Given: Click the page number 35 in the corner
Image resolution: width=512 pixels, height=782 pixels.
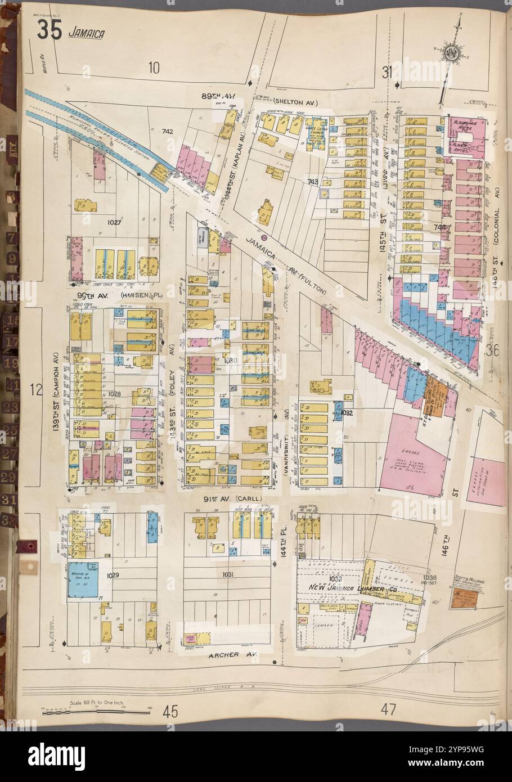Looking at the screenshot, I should pos(49,30).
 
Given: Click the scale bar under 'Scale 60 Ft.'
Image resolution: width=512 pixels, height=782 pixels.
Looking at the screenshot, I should pos(96,712).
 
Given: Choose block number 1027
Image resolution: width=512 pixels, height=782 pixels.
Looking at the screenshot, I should pos(115,222).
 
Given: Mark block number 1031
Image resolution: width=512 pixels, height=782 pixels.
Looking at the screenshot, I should pos(227,574).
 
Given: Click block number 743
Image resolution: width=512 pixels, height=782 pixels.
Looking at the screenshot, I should pos(313,182).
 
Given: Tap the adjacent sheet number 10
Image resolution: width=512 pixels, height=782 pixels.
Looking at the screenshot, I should pos(154,68).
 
